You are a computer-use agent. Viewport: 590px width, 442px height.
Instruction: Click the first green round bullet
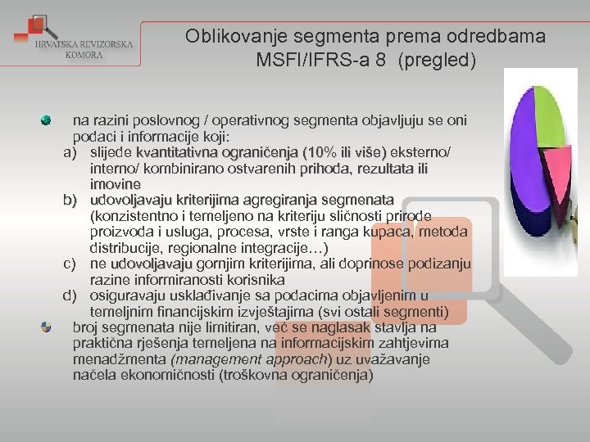pyautogui.click(x=47, y=120)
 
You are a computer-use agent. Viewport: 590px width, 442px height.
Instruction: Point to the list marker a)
pyautogui.click(x=70, y=152)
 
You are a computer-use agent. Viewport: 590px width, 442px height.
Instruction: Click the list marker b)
pyautogui.click(x=70, y=200)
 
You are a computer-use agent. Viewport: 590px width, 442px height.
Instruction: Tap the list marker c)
pyautogui.click(x=70, y=264)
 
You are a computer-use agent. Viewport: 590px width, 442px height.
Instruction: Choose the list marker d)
pyautogui.click(x=70, y=295)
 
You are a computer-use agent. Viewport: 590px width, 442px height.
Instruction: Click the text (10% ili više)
pyautogui.click(x=344, y=152)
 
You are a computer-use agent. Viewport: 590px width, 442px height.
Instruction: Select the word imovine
pyautogui.click(x=116, y=184)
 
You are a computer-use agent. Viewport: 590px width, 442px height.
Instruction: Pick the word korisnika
pyautogui.click(x=255, y=279)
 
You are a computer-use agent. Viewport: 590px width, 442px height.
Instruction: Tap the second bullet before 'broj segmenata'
pyautogui.click(x=47, y=327)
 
